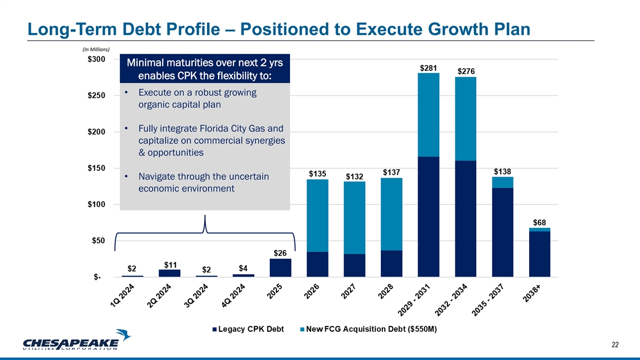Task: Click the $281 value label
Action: (429, 68)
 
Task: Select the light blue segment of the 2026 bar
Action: (317, 215)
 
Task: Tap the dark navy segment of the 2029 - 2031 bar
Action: (429, 217)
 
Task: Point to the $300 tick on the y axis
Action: (97, 59)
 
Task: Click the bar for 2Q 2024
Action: (170, 273)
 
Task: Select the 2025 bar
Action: (281, 268)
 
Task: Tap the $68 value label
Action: (540, 222)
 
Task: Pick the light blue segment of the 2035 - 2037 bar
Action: (502, 182)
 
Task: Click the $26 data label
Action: (281, 252)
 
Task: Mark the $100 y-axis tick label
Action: (97, 205)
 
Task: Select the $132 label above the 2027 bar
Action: (355, 176)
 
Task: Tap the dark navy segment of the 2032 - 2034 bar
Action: (466, 219)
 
